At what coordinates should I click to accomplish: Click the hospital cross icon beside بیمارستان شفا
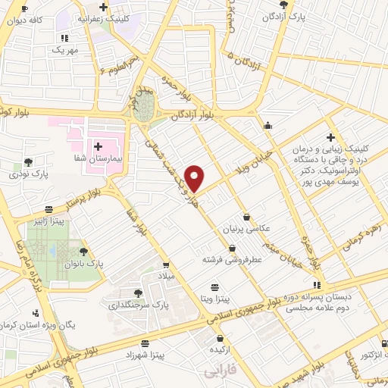point(99,145)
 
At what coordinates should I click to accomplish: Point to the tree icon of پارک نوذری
point(29,161)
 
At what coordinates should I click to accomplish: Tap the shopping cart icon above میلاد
point(166,264)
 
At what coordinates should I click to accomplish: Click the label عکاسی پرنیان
point(244,228)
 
